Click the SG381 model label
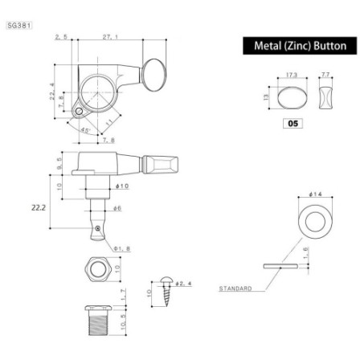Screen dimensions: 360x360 [x=18, y=26]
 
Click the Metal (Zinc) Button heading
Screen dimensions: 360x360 [x=300, y=46]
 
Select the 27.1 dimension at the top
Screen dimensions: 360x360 [x=110, y=37]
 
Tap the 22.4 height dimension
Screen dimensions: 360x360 [x=52, y=96]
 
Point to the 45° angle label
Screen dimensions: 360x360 [x=85, y=129]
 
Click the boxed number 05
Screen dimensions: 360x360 [x=292, y=123]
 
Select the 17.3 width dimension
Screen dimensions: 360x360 [x=291, y=76]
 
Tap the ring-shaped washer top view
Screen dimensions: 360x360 [x=312, y=223]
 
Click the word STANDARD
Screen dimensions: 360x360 [x=235, y=287]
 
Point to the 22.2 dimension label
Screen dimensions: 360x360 [x=39, y=207]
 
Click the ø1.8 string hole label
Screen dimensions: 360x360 [x=121, y=248]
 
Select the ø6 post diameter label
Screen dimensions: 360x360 [x=117, y=207]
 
